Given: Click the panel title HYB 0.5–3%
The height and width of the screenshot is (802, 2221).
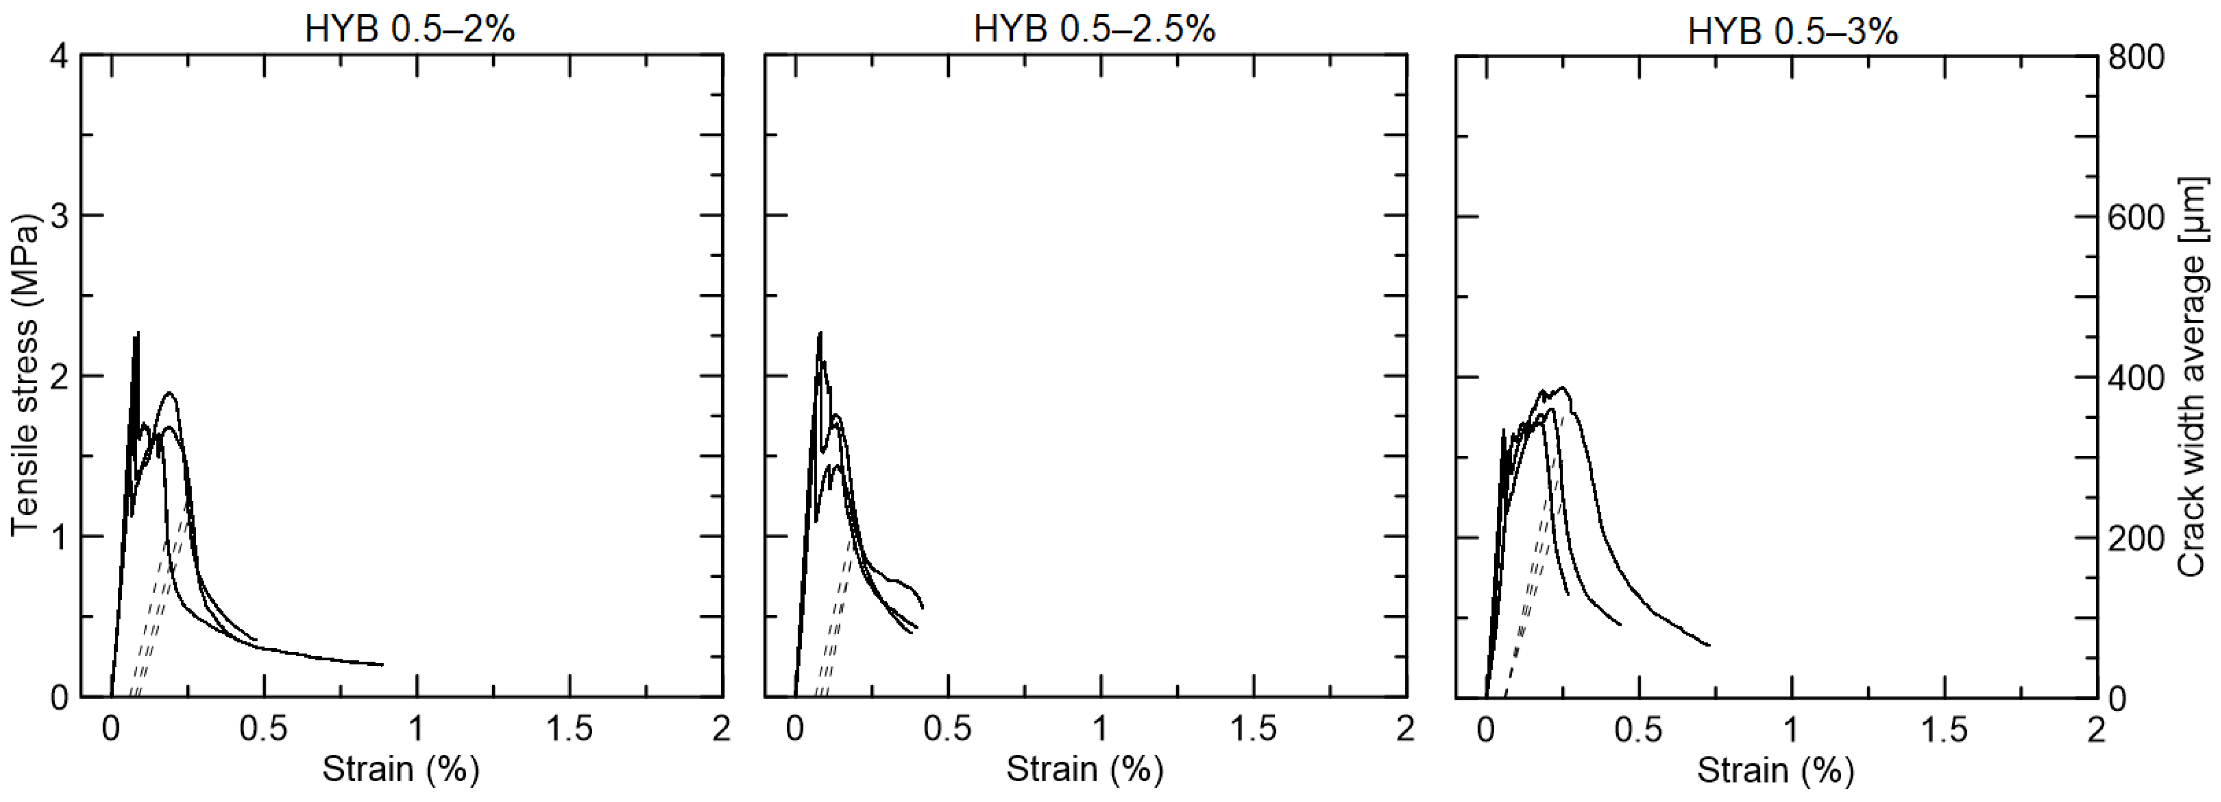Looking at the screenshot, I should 1793,32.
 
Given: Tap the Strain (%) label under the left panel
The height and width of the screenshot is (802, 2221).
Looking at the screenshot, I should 400,768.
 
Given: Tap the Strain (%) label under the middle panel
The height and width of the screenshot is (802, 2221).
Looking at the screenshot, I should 1085,768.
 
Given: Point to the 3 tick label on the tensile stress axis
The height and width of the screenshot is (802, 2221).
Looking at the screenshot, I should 58,215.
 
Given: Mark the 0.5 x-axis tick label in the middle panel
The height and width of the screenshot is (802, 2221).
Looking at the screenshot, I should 948,729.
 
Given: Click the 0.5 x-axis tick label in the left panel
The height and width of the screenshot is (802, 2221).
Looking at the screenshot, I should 263,729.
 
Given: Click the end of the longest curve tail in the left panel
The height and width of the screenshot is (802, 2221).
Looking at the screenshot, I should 382,665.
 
